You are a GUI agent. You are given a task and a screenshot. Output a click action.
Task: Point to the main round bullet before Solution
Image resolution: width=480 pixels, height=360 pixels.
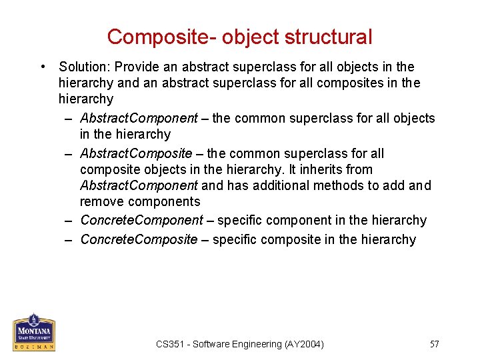coord(43,67)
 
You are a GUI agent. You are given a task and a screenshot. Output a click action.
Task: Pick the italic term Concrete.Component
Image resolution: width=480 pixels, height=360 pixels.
coord(141,220)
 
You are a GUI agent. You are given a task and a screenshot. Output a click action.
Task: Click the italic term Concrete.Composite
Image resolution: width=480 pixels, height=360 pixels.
coord(139,239)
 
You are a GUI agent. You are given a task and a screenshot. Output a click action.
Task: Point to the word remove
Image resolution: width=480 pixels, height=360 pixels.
coord(102,201)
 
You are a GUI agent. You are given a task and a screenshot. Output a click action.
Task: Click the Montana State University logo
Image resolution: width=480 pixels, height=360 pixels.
coord(33,332)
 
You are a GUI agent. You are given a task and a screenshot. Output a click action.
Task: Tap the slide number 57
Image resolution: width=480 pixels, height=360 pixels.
coord(435,344)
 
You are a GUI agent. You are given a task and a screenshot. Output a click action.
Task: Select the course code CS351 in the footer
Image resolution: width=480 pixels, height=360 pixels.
coord(170,344)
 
